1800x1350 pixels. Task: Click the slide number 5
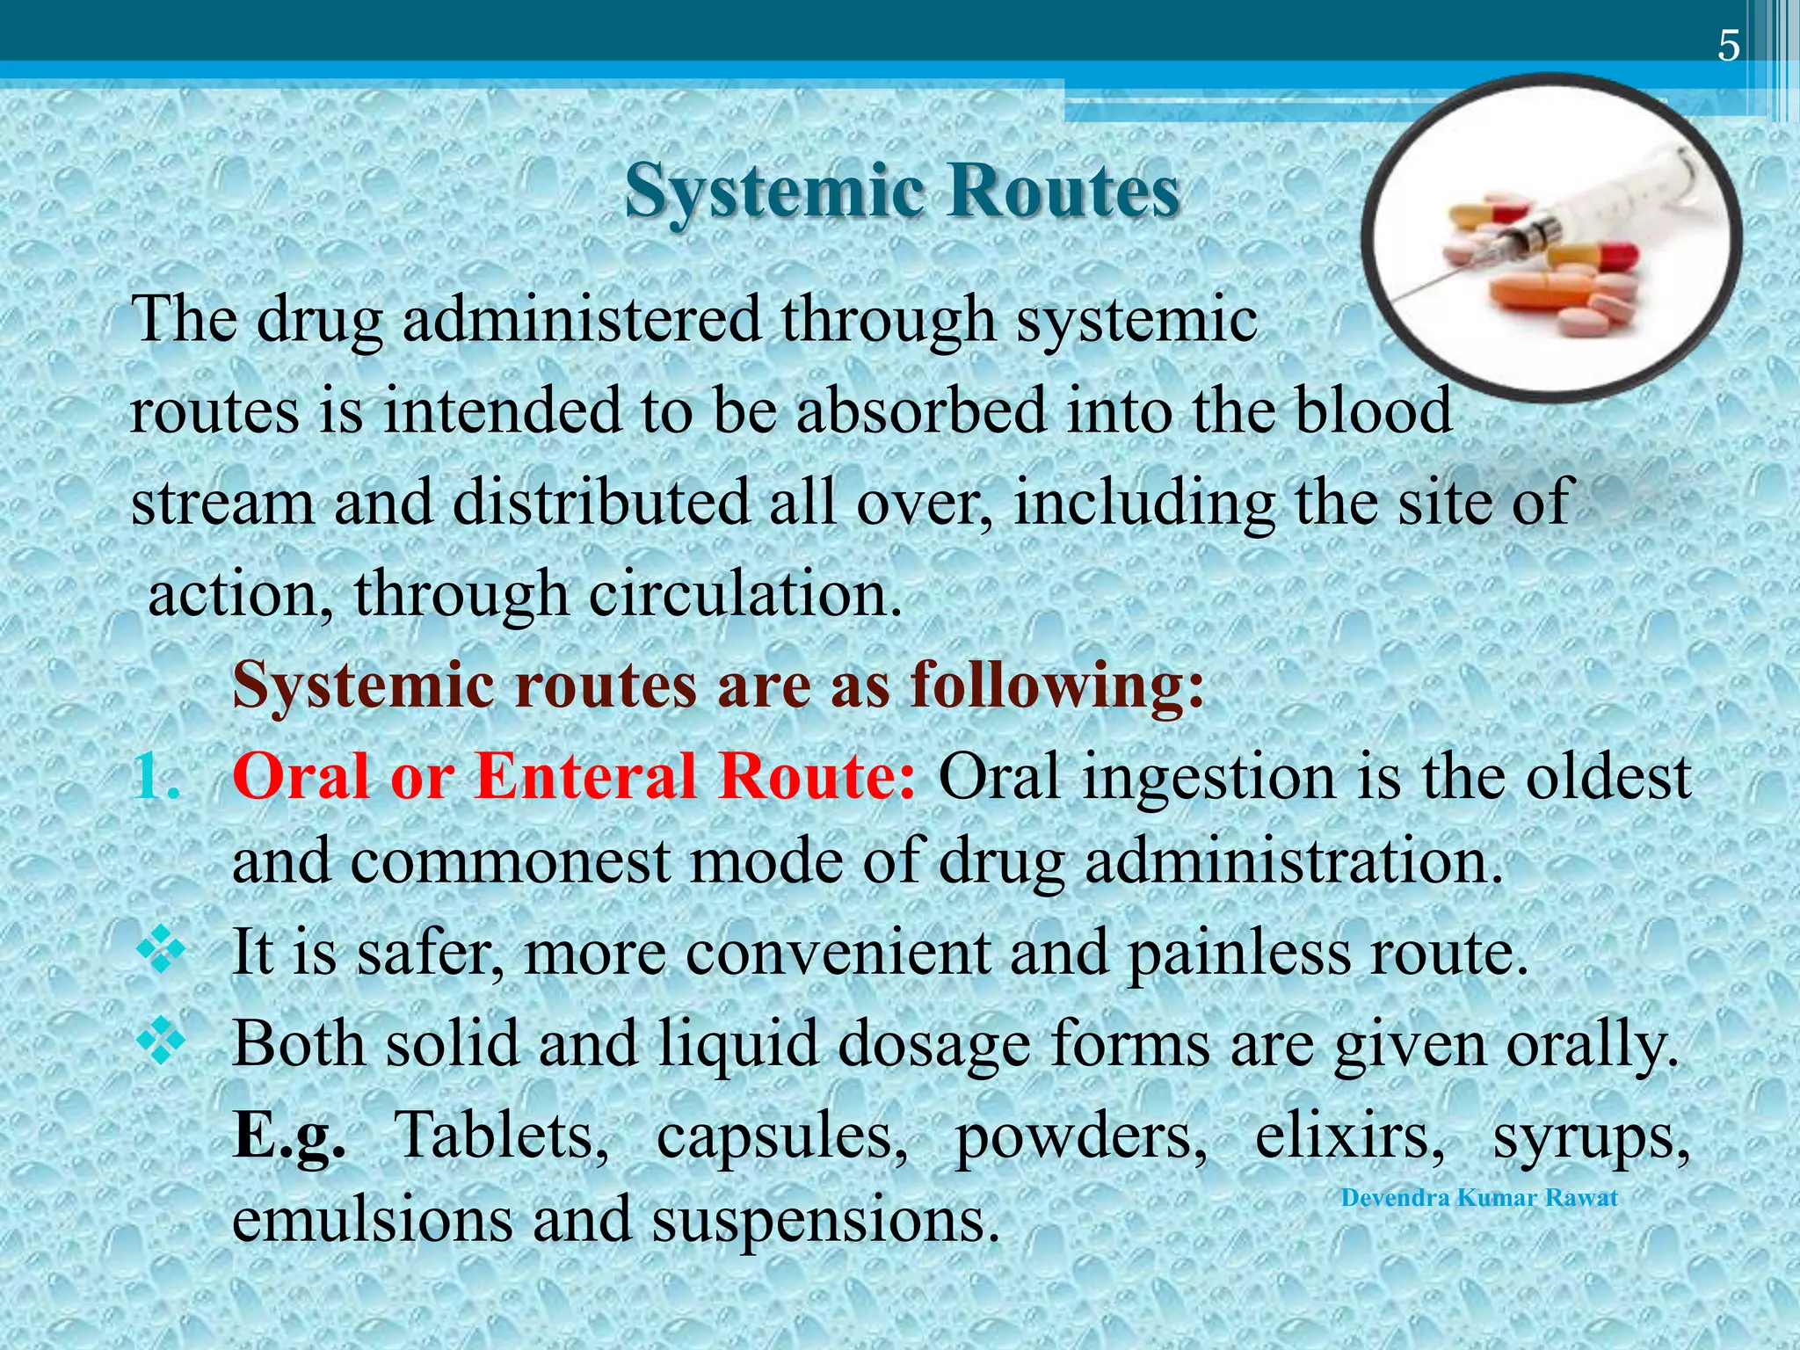(x=1728, y=46)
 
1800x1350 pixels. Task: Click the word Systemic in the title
(x=773, y=191)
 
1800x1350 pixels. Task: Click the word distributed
(x=601, y=503)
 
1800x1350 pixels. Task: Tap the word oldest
(x=1608, y=777)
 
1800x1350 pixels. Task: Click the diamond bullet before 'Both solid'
(x=162, y=1042)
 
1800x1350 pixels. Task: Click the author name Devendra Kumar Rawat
(x=1479, y=1198)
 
